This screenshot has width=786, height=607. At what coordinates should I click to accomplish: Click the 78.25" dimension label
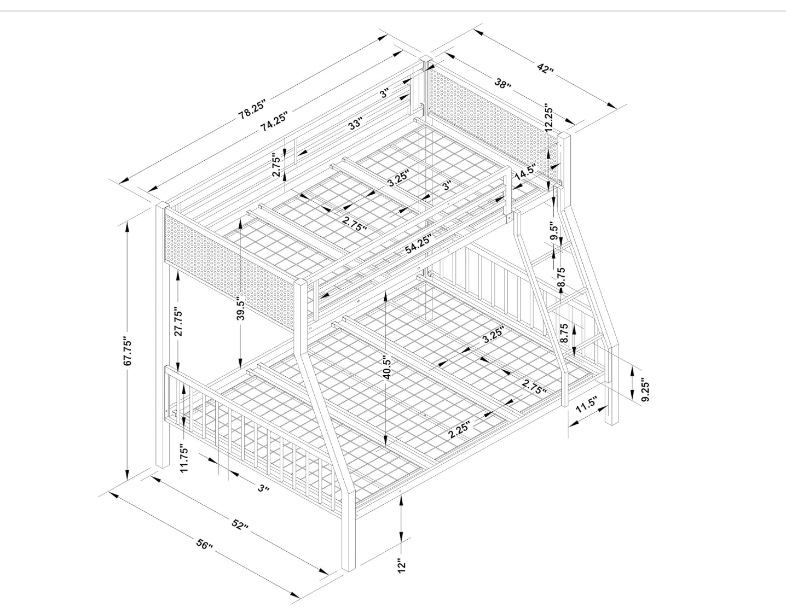(252, 108)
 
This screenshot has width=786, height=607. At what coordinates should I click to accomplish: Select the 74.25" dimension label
(275, 122)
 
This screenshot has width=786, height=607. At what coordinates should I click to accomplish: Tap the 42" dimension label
(545, 68)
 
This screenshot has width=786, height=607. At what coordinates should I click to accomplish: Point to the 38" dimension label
(503, 84)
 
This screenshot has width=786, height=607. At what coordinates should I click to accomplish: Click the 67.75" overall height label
(129, 352)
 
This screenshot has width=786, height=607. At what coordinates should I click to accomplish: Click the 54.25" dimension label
(419, 244)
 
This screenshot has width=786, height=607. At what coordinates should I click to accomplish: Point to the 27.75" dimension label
(178, 322)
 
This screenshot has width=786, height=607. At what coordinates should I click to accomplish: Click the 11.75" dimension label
(184, 459)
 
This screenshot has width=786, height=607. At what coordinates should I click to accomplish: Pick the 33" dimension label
(355, 124)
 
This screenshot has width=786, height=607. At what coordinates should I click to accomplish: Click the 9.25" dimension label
(645, 389)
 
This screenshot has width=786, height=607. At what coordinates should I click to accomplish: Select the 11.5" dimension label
(586, 404)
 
